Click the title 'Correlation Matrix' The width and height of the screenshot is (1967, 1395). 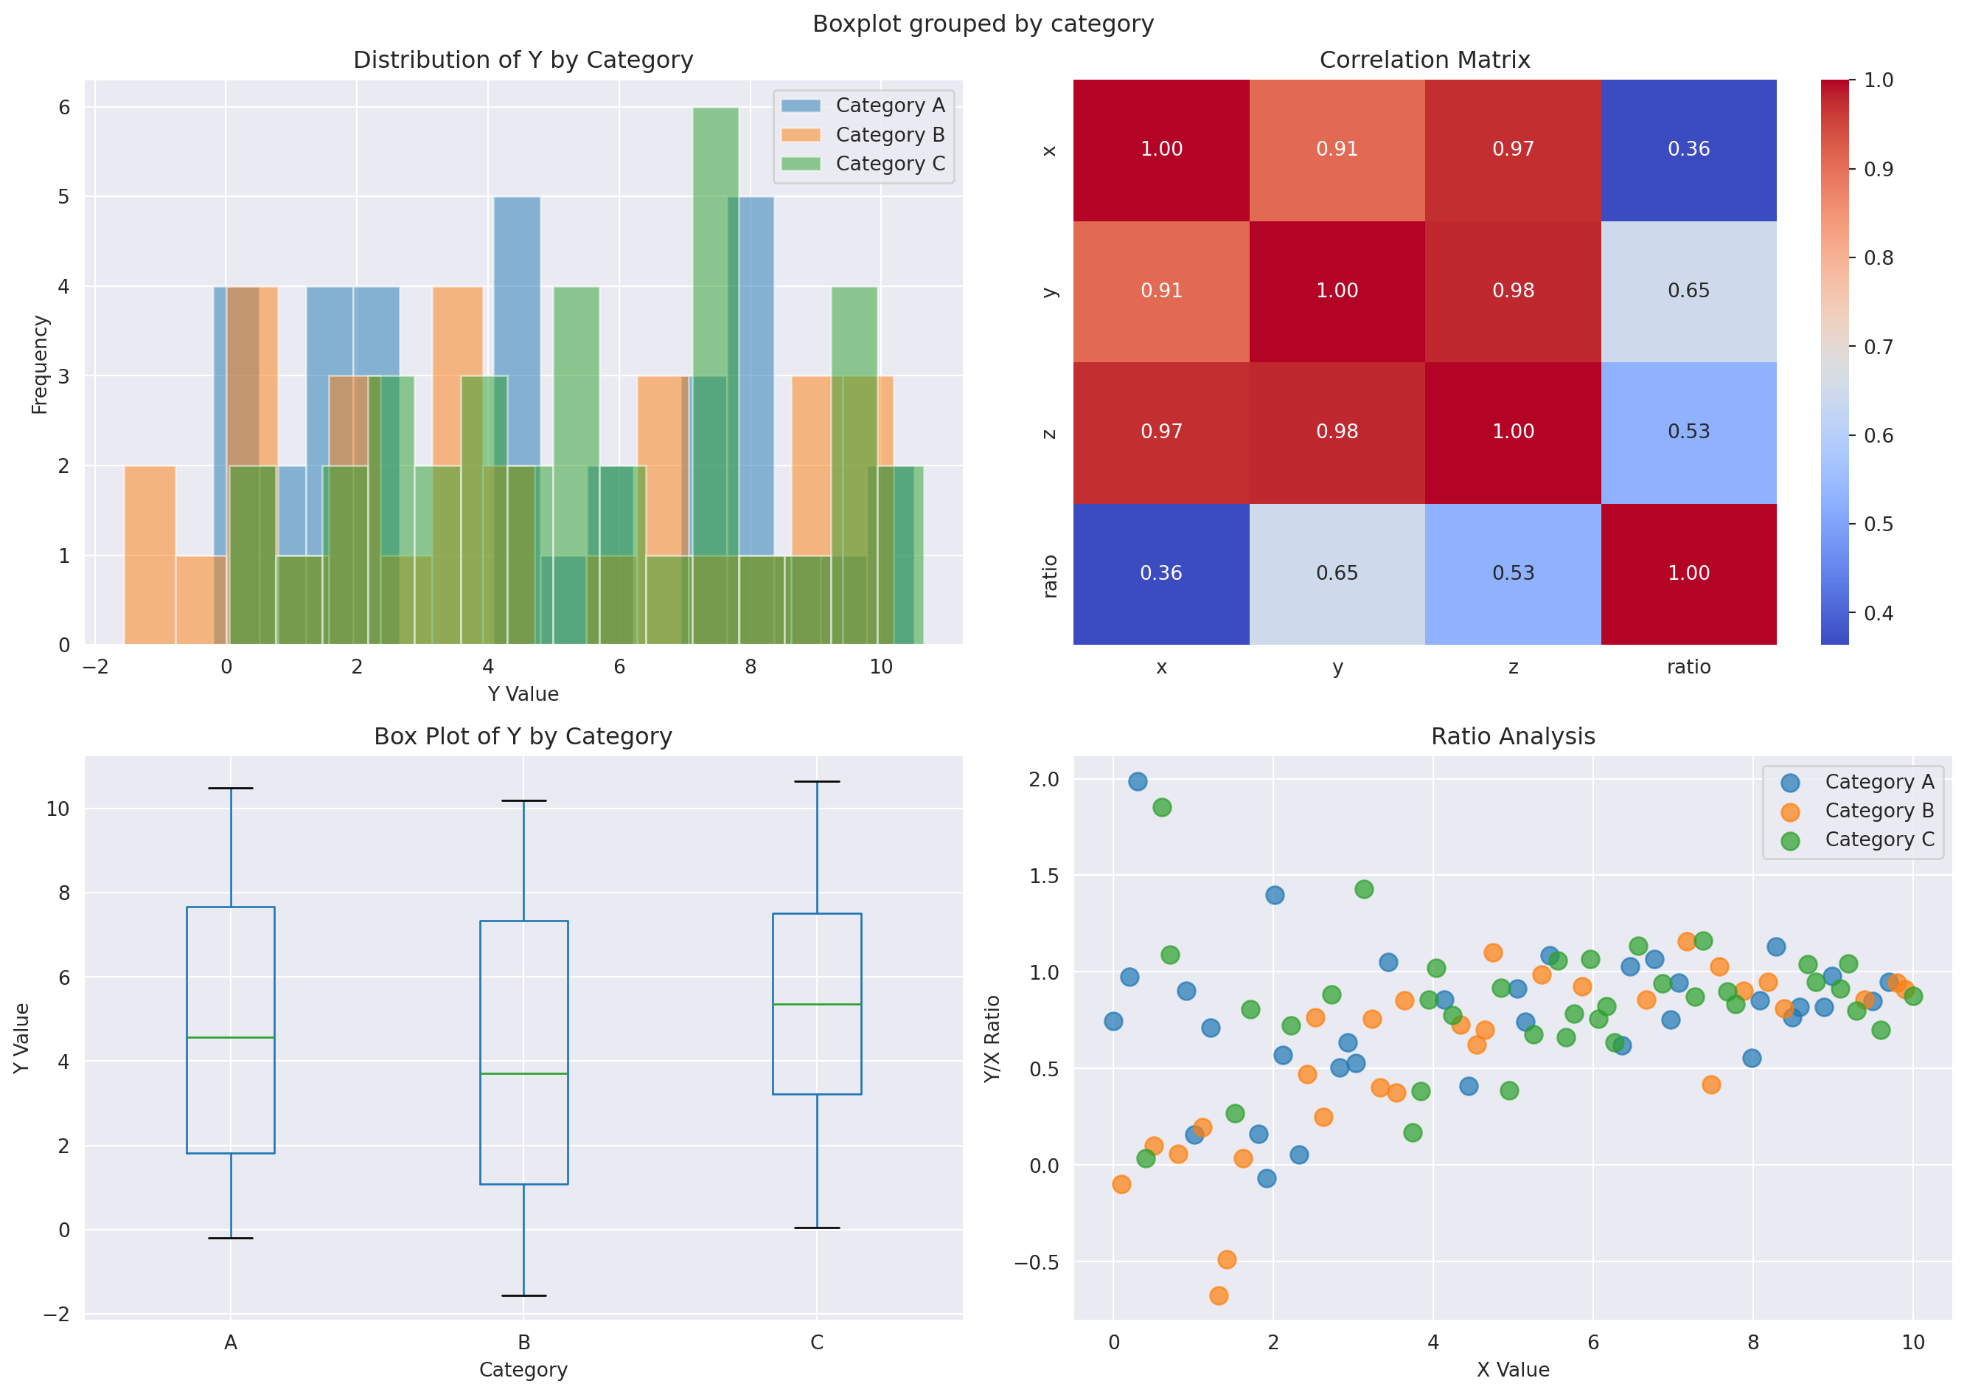pyautogui.click(x=1424, y=60)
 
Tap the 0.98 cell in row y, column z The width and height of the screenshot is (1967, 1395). pyautogui.click(x=1512, y=291)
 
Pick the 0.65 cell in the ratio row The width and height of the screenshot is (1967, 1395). pyautogui.click(x=1336, y=573)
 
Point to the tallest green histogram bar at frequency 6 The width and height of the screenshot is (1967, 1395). pyautogui.click(x=715, y=257)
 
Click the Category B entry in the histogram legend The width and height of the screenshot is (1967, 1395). pyautogui.click(x=888, y=135)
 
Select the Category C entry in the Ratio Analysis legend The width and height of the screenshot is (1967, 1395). pyautogui.click(x=1879, y=840)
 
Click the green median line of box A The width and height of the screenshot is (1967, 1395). pyautogui.click(x=230, y=1038)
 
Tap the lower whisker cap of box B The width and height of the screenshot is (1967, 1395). pyautogui.click(x=523, y=1295)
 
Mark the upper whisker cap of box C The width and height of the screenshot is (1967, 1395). pyautogui.click(x=816, y=782)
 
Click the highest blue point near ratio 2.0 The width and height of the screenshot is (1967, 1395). pyautogui.click(x=1137, y=780)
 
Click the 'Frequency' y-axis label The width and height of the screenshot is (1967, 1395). pyautogui.click(x=40, y=364)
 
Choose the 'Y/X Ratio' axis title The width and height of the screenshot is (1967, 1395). pyautogui.click(x=992, y=1039)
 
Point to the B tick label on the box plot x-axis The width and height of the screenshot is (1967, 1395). pyautogui.click(x=523, y=1342)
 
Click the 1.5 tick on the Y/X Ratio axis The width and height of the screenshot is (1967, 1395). pyautogui.click(x=1042, y=876)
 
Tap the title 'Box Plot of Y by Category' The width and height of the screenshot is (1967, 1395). pyautogui.click(x=522, y=736)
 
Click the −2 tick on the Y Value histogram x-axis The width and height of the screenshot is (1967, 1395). pyautogui.click(x=95, y=667)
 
